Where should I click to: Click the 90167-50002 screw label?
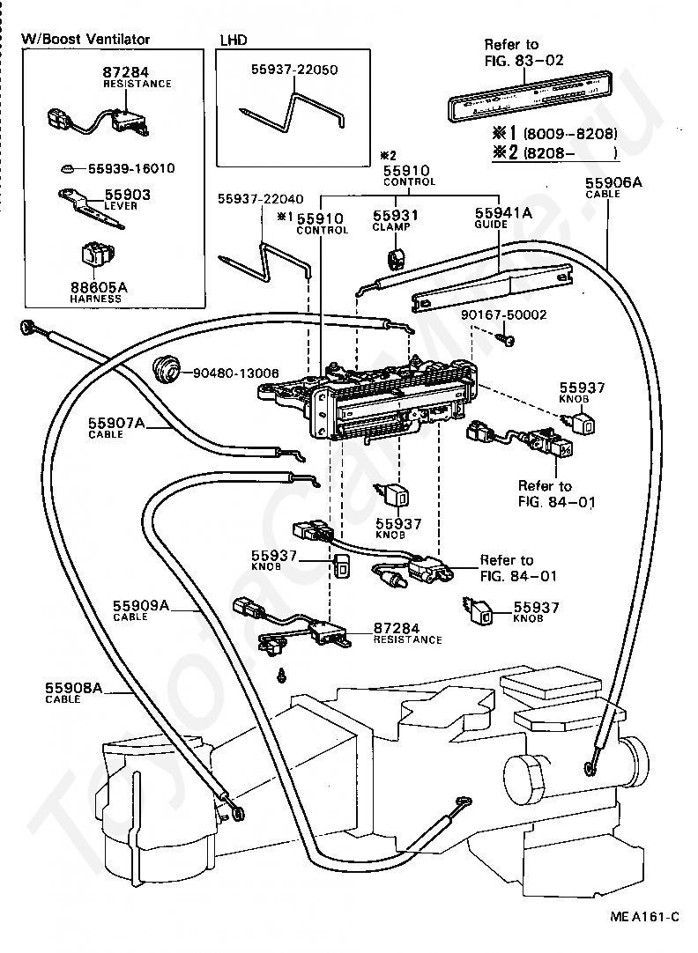click(x=503, y=314)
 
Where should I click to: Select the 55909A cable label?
click(x=140, y=606)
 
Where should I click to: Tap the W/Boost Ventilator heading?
click(x=85, y=39)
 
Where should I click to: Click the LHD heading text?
click(x=233, y=40)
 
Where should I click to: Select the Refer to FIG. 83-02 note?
click(x=523, y=52)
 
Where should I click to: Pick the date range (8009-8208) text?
click(x=569, y=134)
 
